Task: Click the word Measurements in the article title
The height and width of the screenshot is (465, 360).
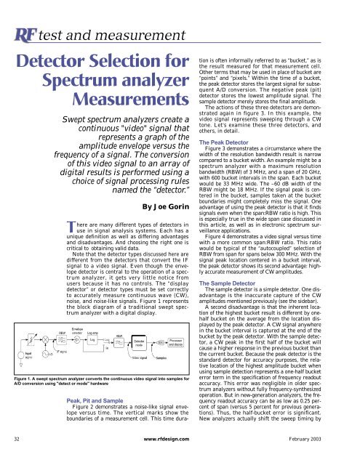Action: tap(126, 106)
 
